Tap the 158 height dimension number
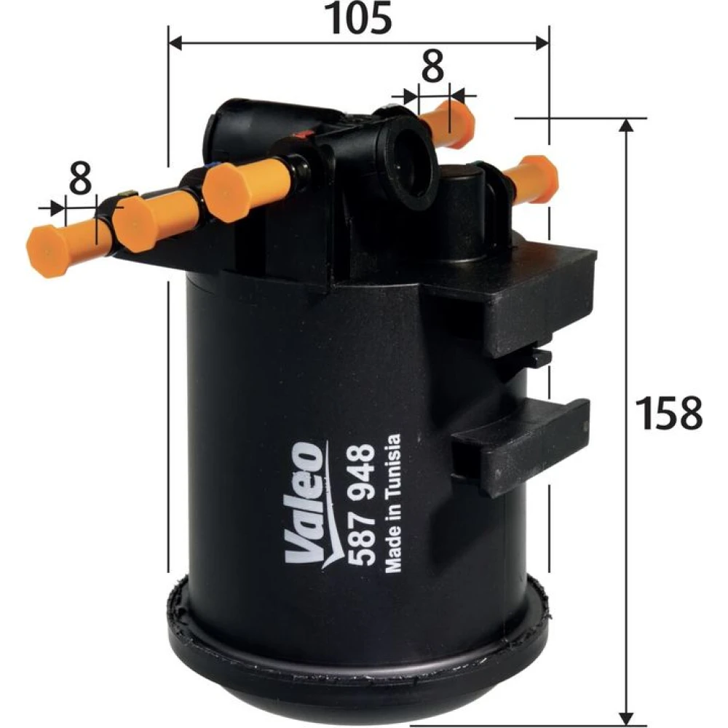pos(668,413)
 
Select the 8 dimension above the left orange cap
pos(80,178)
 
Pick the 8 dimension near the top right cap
pos(432,66)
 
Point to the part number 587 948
pos(362,505)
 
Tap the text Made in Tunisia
pos(393,503)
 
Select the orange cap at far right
pos(533,180)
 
